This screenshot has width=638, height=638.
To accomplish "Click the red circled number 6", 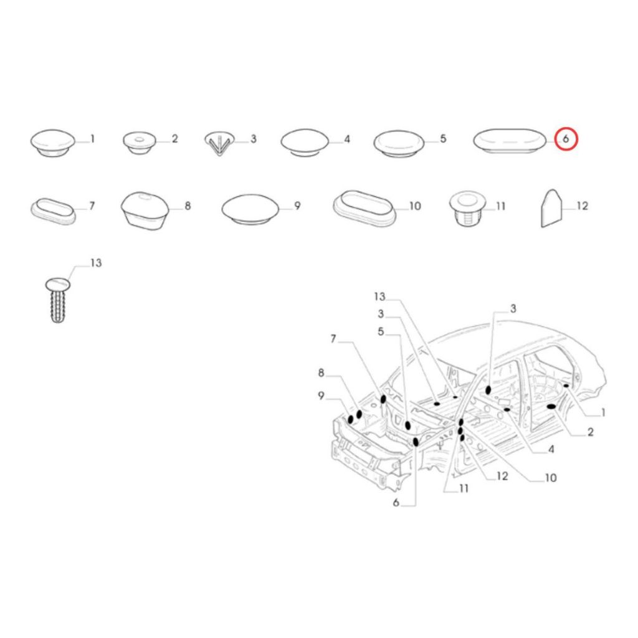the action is [x=566, y=139].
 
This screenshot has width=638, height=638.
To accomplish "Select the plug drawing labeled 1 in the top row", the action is [x=52, y=143].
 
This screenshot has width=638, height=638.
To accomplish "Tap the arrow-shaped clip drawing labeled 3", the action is [x=219, y=143].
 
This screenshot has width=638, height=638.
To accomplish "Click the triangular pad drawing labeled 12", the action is [x=551, y=208].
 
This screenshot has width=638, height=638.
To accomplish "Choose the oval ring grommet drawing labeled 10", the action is [x=364, y=207].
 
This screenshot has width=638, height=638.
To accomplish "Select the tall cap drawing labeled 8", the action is [x=145, y=211].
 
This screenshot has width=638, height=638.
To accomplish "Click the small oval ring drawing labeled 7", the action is [x=53, y=211].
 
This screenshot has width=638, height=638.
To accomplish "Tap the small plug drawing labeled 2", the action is [x=139, y=142].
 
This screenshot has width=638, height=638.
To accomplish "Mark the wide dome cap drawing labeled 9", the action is [x=250, y=208].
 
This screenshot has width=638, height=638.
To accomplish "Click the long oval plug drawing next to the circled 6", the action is [x=510, y=141].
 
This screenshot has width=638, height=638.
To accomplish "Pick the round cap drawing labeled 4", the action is [x=305, y=143].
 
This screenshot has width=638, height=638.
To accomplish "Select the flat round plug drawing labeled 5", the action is [x=399, y=144].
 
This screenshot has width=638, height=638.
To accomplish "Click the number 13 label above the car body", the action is [x=379, y=297].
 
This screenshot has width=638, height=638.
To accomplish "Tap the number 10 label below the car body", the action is [x=550, y=477].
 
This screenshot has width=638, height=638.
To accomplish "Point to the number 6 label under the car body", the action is [x=396, y=503].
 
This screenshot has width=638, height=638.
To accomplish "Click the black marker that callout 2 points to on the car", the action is [x=552, y=406].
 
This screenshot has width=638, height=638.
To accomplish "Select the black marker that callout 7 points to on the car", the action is [x=383, y=399].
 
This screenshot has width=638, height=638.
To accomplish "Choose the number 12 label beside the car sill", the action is [x=502, y=475].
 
